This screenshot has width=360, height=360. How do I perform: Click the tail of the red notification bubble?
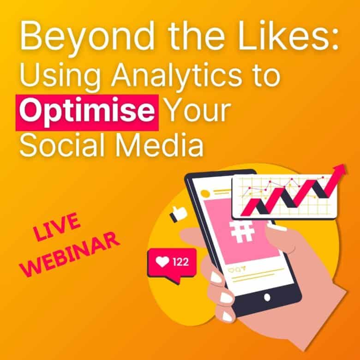coord(174,280)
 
